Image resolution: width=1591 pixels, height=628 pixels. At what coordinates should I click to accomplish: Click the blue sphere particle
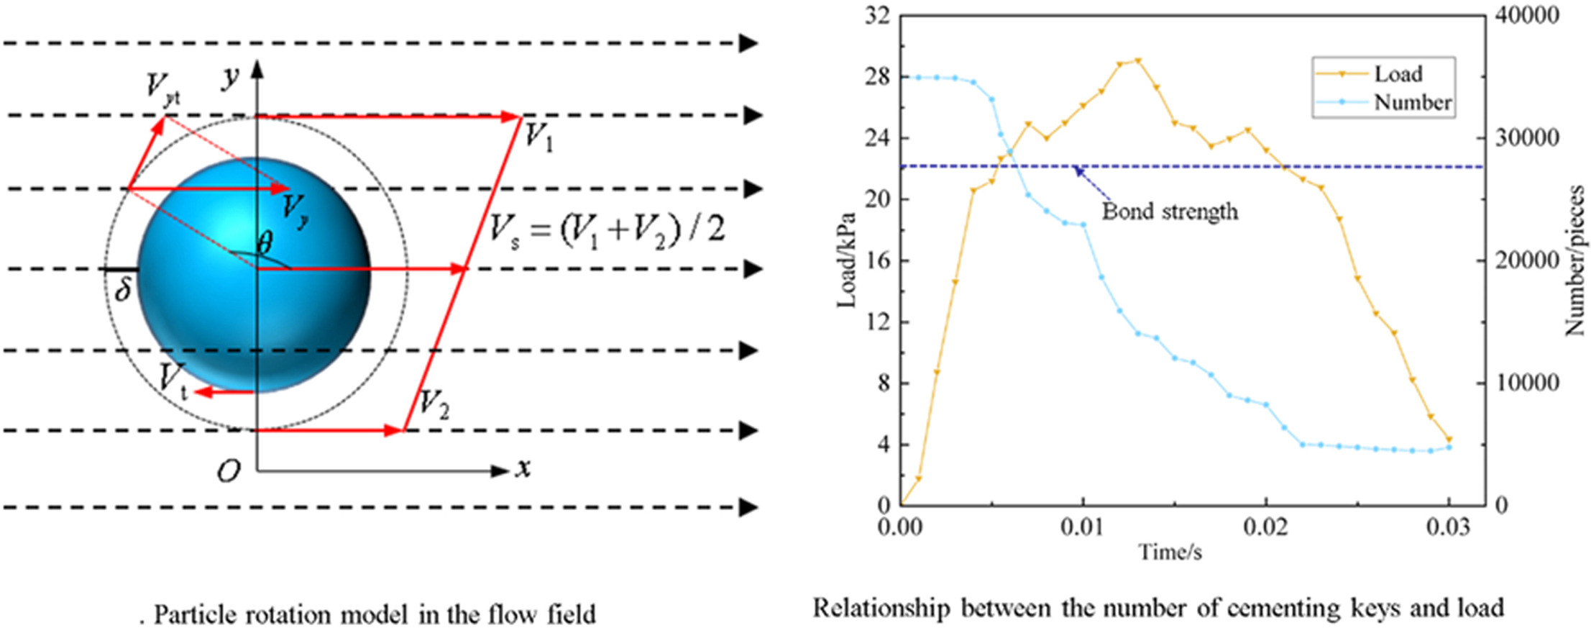point(255,275)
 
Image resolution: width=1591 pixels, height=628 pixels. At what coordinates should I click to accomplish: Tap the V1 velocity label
point(538,137)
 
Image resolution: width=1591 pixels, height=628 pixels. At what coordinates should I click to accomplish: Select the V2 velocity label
point(434,404)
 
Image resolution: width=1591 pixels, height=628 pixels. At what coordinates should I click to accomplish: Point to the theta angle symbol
point(265,243)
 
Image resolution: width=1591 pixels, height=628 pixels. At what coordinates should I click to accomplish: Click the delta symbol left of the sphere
point(124,290)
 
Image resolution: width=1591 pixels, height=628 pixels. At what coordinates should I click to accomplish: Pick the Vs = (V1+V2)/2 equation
point(607,231)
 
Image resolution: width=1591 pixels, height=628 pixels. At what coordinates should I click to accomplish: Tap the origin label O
point(229,472)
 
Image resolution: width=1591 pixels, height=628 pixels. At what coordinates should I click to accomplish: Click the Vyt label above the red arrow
point(162,88)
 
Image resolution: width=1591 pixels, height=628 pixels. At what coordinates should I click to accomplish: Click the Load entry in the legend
point(1398,74)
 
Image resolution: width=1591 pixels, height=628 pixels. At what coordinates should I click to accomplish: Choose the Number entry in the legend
point(1413,103)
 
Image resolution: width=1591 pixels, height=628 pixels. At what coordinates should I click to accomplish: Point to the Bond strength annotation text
point(1170,211)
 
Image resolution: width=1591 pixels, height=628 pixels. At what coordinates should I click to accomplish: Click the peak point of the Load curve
point(1137,61)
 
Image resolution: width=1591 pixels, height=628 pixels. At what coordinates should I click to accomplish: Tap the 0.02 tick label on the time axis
point(1265,527)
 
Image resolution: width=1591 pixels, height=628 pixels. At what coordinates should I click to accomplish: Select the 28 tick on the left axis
point(876,76)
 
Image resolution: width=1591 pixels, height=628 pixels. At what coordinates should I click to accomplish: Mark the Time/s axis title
point(1170,552)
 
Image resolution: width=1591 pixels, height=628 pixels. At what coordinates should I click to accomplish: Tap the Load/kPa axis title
point(847,260)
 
